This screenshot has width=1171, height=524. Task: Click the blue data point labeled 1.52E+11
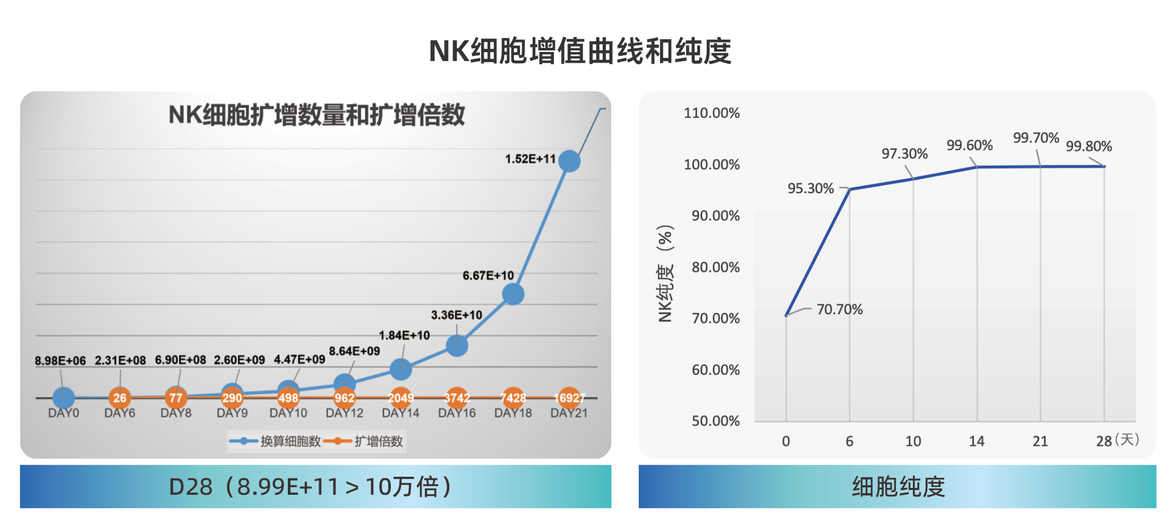569,161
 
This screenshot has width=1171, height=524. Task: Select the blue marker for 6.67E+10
513,294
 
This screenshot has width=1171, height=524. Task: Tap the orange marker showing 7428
513,398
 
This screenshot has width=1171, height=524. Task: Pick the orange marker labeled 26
119,398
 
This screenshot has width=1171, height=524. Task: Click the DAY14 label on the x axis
400,413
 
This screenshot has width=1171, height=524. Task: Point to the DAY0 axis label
63,413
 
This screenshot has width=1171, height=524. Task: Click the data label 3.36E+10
456,315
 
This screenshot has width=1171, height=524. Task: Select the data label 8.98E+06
60,360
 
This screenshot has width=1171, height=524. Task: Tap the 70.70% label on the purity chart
839,309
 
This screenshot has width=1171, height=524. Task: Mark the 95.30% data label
810,188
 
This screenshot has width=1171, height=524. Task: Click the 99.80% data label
1088,146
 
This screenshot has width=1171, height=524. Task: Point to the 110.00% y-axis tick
711,113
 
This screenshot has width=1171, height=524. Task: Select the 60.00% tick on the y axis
715,370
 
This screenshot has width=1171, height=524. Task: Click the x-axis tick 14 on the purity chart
976,441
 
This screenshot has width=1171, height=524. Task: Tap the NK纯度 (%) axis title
665,273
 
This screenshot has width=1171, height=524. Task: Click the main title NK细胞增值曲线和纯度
580,51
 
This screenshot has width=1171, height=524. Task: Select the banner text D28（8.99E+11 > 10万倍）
311,486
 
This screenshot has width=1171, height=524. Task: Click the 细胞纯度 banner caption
898,486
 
